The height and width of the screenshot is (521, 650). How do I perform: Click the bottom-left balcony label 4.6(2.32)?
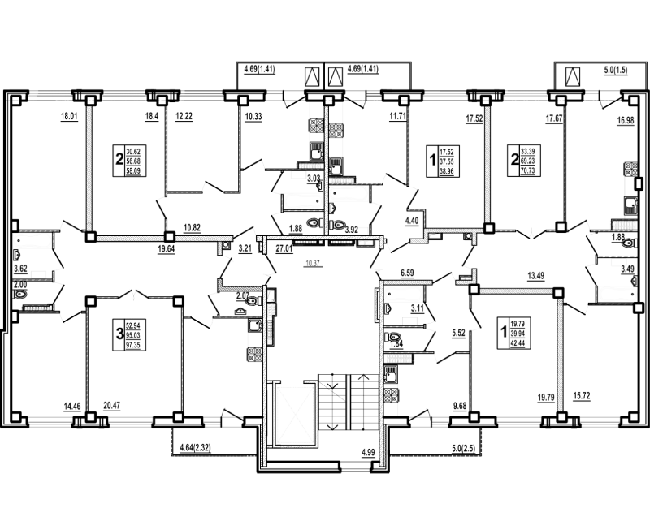click(x=196, y=445)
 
